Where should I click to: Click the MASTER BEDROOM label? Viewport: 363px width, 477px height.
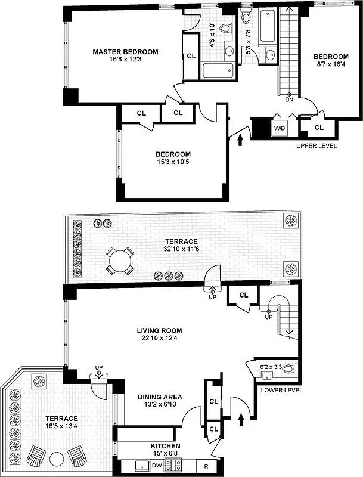(x=125, y=52)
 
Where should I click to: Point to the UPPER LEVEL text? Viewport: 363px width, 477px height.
(x=317, y=145)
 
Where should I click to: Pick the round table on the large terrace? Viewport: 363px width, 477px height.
(x=121, y=261)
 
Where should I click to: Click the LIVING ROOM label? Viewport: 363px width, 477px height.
(x=159, y=331)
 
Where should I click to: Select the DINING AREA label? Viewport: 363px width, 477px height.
(x=160, y=397)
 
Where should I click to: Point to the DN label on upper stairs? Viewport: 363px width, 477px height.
(x=290, y=100)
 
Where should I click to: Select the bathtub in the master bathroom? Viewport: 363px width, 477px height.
(x=218, y=71)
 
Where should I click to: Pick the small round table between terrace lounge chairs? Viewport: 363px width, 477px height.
(x=57, y=459)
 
